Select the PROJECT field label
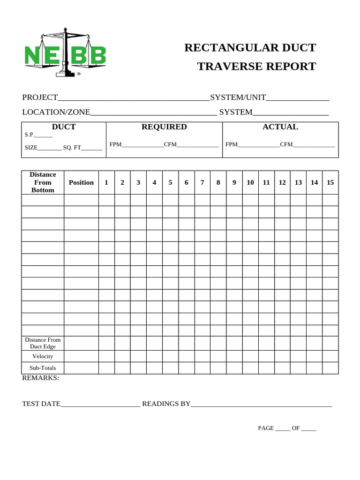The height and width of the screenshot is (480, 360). (x=40, y=97)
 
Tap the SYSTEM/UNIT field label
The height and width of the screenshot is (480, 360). (x=238, y=97)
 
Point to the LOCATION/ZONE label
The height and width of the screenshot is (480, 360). (x=56, y=112)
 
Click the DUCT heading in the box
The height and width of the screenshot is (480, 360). (x=64, y=127)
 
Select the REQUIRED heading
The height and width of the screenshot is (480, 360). (x=164, y=127)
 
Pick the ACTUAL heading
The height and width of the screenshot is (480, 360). (x=280, y=127)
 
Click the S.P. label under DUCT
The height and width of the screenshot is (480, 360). (x=30, y=135)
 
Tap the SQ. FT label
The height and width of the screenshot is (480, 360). (x=72, y=148)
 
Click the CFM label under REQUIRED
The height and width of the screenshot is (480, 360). (x=170, y=144)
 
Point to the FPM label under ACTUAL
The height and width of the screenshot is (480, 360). (x=232, y=144)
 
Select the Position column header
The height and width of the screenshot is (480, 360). (x=81, y=182)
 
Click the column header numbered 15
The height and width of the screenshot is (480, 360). (x=330, y=182)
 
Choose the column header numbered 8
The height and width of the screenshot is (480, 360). (x=218, y=182)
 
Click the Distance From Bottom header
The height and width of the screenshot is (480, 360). (x=43, y=182)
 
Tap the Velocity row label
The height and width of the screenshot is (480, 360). (x=43, y=356)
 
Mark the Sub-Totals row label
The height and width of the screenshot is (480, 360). (x=43, y=368)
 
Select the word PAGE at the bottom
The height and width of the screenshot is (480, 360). (x=265, y=428)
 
